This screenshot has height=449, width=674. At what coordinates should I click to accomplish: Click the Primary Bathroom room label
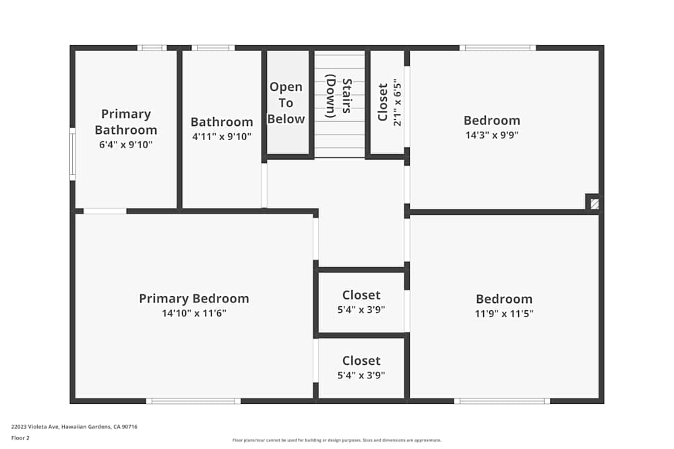[x=126, y=122]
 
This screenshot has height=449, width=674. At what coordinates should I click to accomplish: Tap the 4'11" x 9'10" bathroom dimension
[x=222, y=137]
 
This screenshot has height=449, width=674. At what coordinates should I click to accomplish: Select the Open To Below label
[x=286, y=103]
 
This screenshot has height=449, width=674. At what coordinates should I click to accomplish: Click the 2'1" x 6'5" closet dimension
[x=398, y=104]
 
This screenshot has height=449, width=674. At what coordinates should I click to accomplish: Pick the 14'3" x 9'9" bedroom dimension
[x=491, y=135]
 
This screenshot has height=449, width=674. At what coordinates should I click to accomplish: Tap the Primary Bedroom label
[x=194, y=298]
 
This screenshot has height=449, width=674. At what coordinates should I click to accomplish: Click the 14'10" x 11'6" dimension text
[x=194, y=313]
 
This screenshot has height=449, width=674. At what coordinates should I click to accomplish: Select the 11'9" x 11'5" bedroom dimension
[x=504, y=313]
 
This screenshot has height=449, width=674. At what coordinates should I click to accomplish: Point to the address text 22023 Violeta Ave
[x=74, y=426]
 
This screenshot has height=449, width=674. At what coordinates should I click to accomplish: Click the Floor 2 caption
[x=20, y=438]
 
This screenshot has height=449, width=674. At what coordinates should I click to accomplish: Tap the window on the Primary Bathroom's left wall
[x=72, y=153]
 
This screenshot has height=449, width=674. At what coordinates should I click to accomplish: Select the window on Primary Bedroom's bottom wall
[x=193, y=401]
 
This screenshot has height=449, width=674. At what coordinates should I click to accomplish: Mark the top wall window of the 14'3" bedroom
[x=497, y=48]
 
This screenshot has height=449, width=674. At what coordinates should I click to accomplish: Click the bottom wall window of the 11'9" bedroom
[x=501, y=401]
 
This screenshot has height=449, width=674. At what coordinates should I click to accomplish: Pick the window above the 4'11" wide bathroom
[x=213, y=48]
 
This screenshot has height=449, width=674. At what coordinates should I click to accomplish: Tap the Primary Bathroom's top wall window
[x=152, y=48]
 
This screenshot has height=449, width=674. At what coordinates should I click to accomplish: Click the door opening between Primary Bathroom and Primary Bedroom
[x=104, y=211]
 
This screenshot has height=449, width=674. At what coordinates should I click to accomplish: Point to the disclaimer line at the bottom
[x=337, y=440]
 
